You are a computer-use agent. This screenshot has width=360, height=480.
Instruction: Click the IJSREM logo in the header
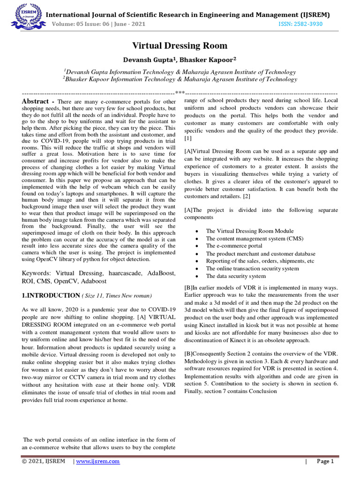click(x=23, y=17)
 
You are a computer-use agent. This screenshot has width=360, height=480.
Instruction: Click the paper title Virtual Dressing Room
click(x=180, y=45)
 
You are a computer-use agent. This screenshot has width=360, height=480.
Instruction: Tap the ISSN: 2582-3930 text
click(x=300, y=24)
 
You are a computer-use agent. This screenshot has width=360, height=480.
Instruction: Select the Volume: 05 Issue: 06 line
click(x=98, y=24)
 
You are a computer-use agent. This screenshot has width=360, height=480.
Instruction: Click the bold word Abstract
click(x=36, y=102)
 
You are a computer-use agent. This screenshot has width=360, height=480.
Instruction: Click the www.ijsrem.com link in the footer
click(x=98, y=461)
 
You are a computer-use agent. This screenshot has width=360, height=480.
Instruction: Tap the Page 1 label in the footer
click(x=325, y=461)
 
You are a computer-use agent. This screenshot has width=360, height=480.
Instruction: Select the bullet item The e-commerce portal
click(x=234, y=246)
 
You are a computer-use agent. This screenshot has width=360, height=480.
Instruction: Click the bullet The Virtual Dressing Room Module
click(x=250, y=231)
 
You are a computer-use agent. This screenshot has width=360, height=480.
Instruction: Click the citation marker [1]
click(x=187, y=138)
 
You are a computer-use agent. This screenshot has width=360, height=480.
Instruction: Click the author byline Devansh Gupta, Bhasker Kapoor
click(x=180, y=60)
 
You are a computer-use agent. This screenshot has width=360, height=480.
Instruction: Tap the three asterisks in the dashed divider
click(x=180, y=92)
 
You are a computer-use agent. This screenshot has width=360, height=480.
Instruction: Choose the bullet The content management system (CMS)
click(x=255, y=238)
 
